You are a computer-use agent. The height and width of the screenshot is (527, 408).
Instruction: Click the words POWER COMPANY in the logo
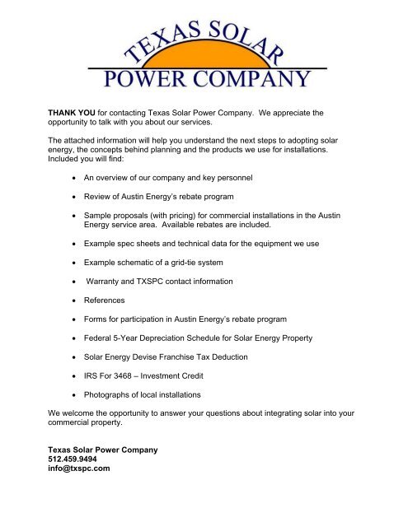205,79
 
